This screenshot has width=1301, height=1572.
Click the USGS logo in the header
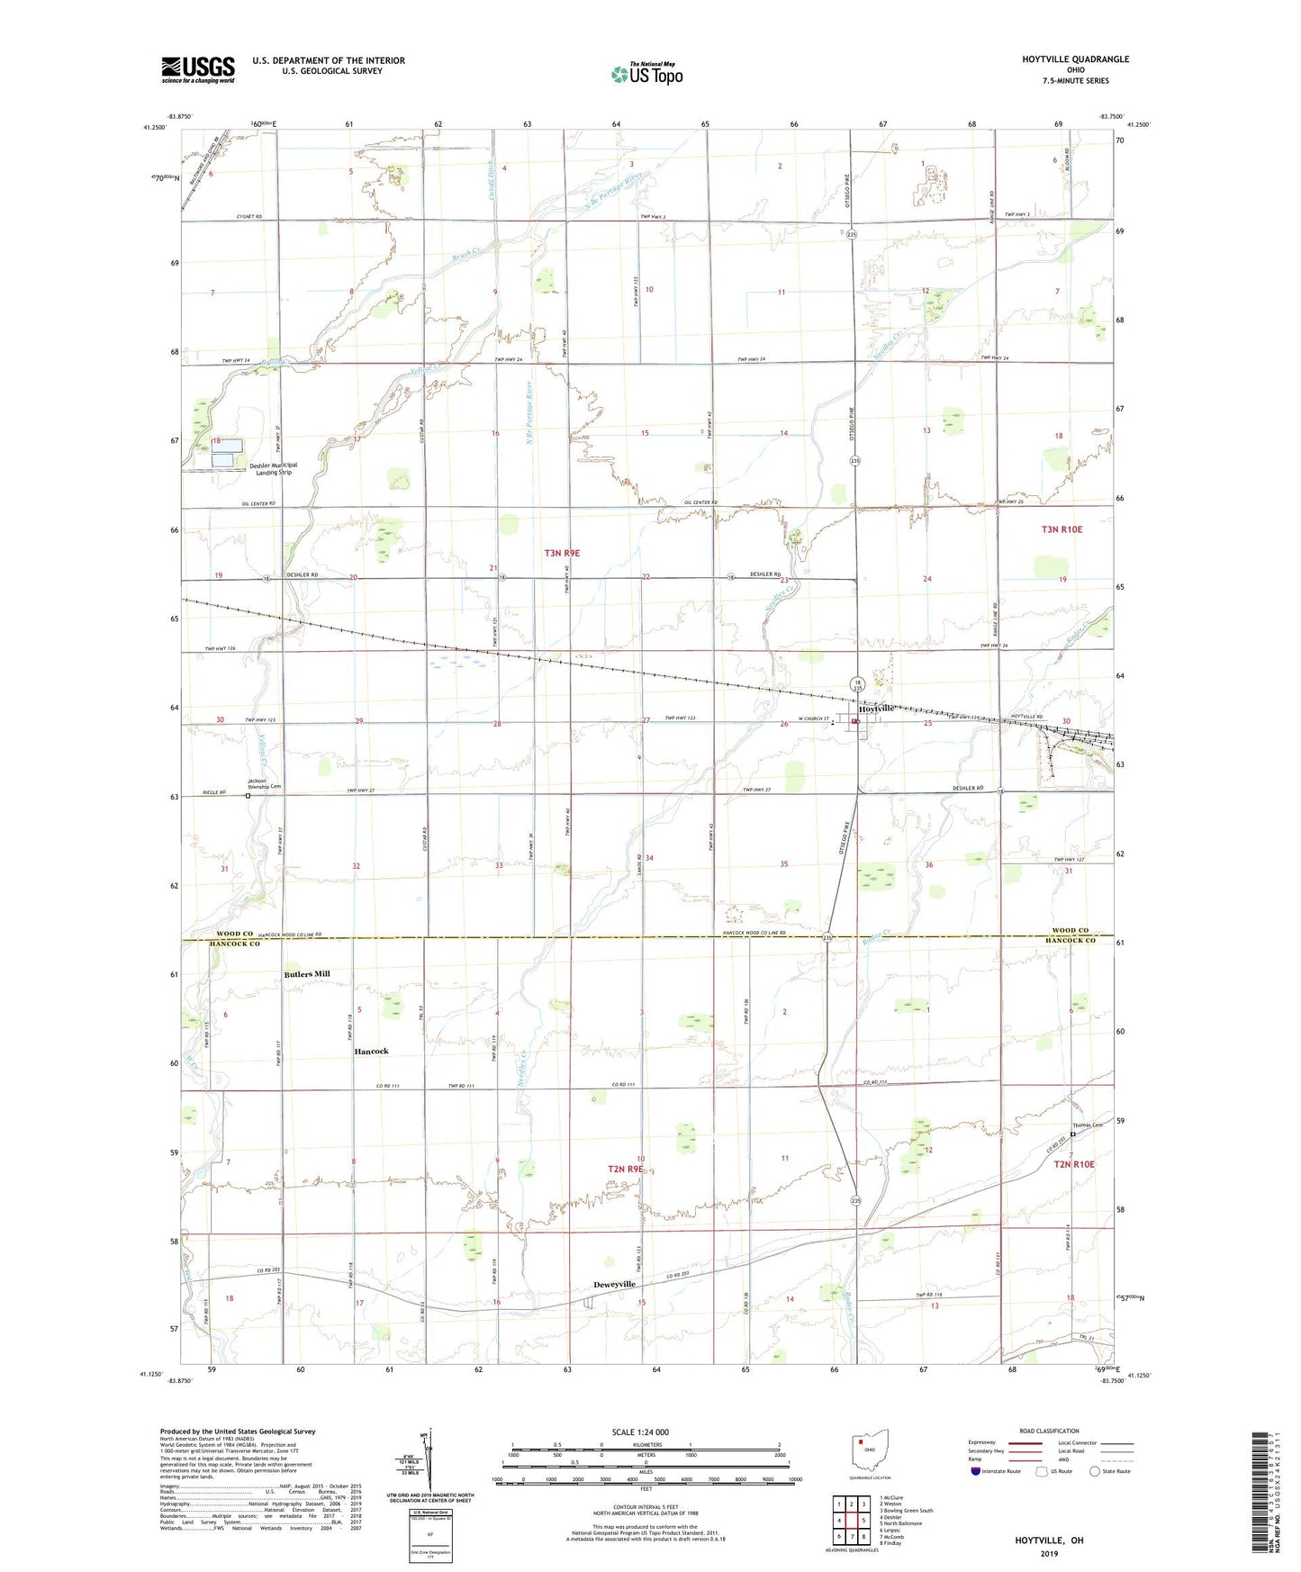[x=198, y=68]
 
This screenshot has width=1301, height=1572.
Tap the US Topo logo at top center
[x=646, y=74]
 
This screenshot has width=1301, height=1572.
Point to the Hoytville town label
[x=877, y=709]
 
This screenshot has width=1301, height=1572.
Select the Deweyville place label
[x=615, y=1284]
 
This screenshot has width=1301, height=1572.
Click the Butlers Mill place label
[x=307, y=974]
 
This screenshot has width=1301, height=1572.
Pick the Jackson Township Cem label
[x=265, y=783]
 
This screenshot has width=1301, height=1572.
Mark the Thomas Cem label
[x=1087, y=1125]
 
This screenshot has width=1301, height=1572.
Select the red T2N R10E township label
[x=1074, y=1164]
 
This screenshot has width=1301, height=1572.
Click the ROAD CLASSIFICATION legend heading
[x=1049, y=1431]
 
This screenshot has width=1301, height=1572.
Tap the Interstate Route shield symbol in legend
[x=977, y=1471]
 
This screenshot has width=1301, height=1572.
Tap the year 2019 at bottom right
[x=1049, y=1554]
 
